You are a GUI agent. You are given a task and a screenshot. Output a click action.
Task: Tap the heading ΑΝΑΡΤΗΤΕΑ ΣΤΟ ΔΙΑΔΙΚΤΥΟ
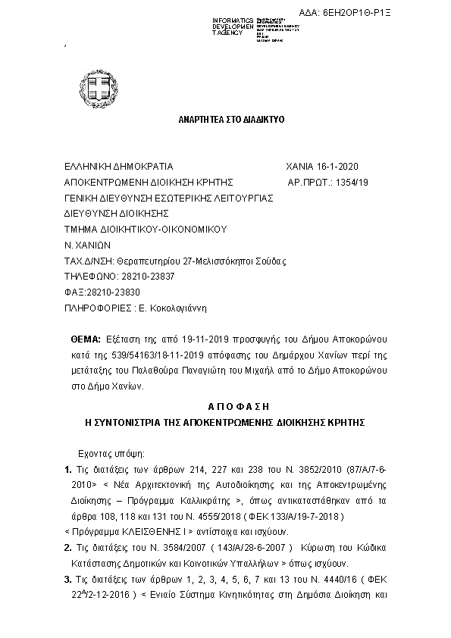coord(226,121)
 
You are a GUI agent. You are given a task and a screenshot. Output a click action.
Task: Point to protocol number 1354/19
coord(353,183)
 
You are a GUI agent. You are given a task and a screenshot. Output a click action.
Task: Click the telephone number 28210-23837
coord(149,277)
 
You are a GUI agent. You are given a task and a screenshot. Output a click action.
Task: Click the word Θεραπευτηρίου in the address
coord(139,261)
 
